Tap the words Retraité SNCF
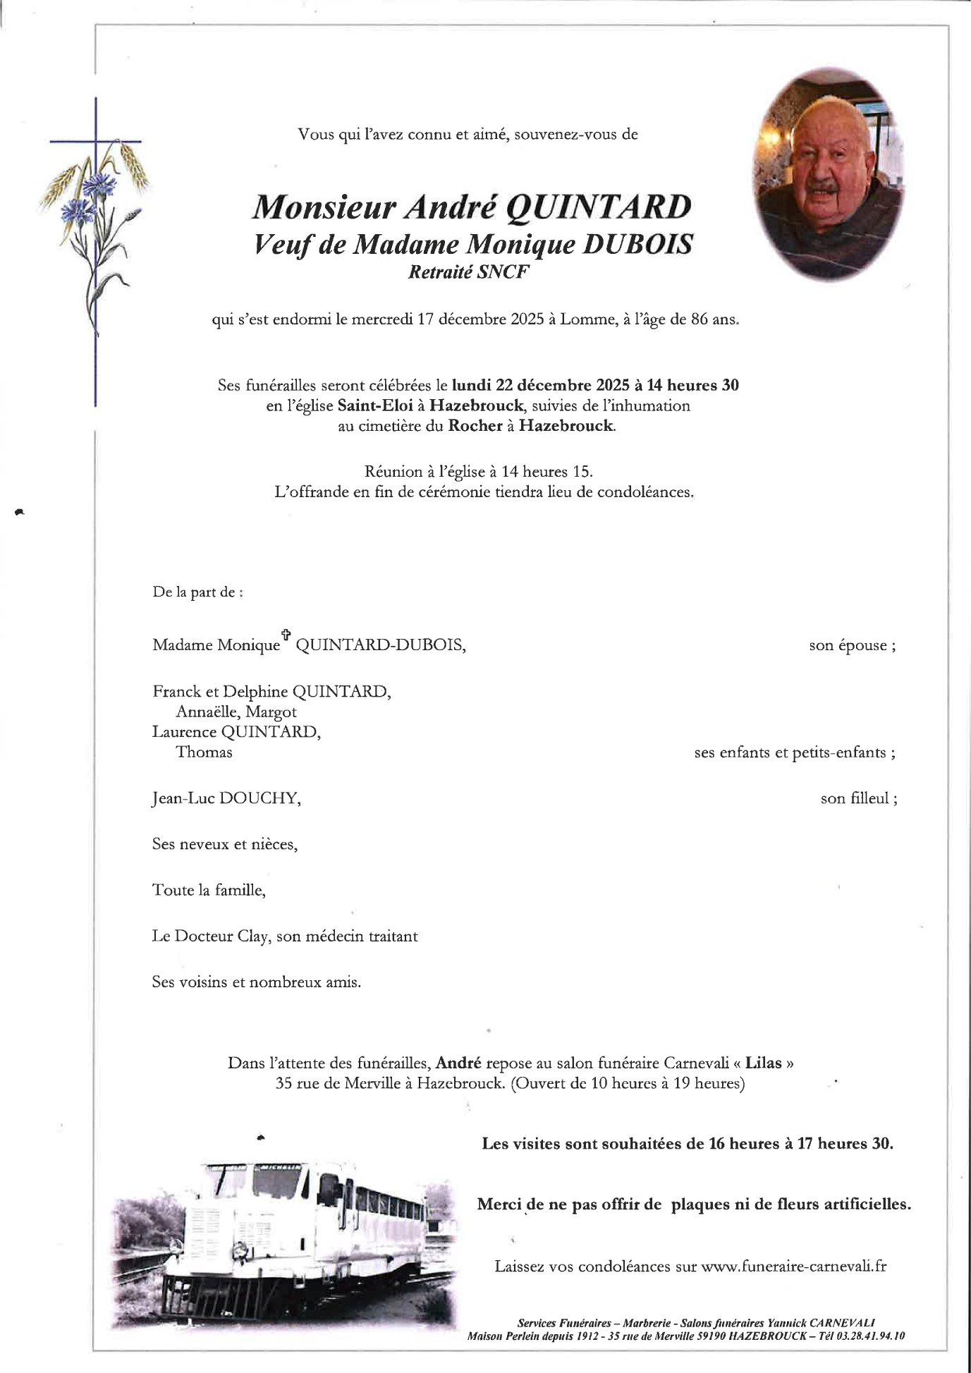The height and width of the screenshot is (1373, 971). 468,272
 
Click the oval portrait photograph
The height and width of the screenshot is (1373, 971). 829,174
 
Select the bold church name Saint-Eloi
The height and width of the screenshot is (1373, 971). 374,405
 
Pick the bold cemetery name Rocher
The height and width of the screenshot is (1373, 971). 475,426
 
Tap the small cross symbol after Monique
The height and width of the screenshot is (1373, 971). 286,634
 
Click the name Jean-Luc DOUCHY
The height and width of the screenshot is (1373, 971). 226,798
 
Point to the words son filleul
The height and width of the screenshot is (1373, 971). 858,798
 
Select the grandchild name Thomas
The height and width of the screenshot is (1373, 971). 204,752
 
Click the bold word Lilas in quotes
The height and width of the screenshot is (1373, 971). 764,1063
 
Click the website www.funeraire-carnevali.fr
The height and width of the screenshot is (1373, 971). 794,1266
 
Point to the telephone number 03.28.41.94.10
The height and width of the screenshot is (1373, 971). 871,1336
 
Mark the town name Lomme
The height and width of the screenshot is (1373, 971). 586,319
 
